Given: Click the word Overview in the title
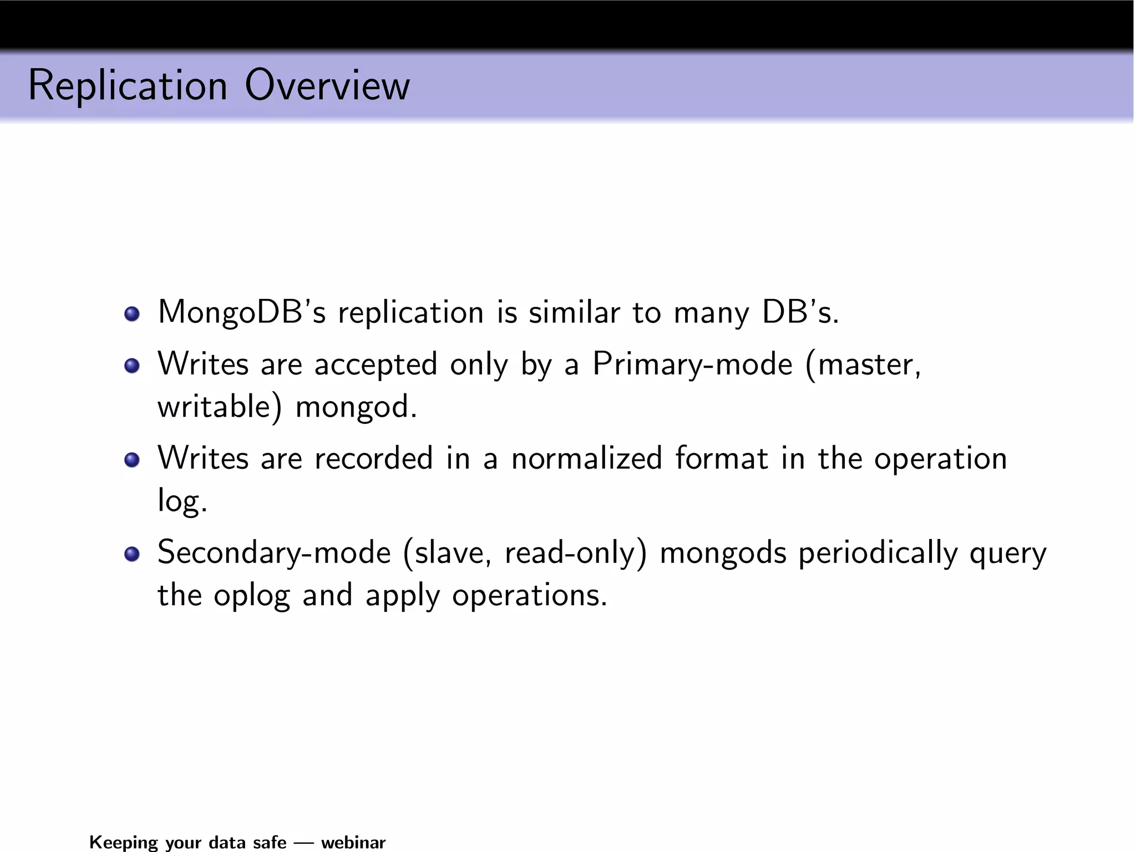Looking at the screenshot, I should [x=327, y=86].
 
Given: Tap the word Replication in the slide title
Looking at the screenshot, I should [x=128, y=86].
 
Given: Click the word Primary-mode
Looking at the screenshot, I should [x=692, y=364].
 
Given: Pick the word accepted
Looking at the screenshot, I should [x=376, y=364].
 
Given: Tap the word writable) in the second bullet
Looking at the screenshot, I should [x=220, y=407].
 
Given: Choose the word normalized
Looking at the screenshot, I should [x=586, y=459].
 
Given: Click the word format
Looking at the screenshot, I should [x=721, y=459].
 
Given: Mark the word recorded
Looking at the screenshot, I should [x=373, y=459].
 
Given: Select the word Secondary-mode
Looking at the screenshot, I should [x=274, y=553].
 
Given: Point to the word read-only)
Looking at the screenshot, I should [x=575, y=553].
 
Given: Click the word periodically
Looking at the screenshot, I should [x=878, y=553].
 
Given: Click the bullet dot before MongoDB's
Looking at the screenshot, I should [x=132, y=315].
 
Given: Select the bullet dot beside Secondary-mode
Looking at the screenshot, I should [x=132, y=554].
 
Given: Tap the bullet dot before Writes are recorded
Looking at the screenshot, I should [x=132, y=460].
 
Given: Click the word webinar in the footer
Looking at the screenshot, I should [x=353, y=842].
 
